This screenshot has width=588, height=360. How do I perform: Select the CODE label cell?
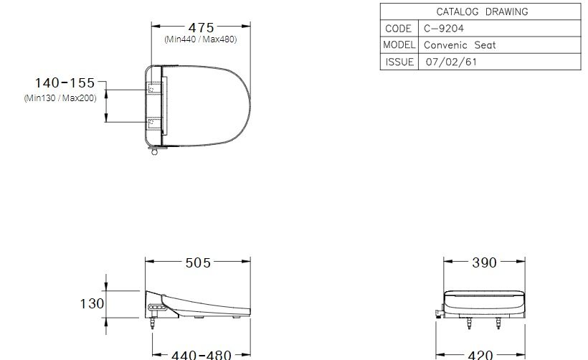click(398, 29)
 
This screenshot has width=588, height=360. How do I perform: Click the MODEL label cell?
click(399, 44)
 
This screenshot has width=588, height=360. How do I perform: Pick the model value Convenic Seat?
click(460, 44)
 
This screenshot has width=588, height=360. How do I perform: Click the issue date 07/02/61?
click(451, 62)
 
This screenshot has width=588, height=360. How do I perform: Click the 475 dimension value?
click(201, 27)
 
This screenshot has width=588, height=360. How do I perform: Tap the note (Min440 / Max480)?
click(201, 39)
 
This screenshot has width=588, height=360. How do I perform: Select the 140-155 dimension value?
click(65, 83)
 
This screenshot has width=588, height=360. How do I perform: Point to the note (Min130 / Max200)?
click(60, 98)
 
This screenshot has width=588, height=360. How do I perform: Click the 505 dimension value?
click(198, 262)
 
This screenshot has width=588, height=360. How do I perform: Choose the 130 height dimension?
click(92, 303)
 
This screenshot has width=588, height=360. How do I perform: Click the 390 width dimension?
click(484, 262)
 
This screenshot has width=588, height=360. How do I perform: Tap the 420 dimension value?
click(484, 354)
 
